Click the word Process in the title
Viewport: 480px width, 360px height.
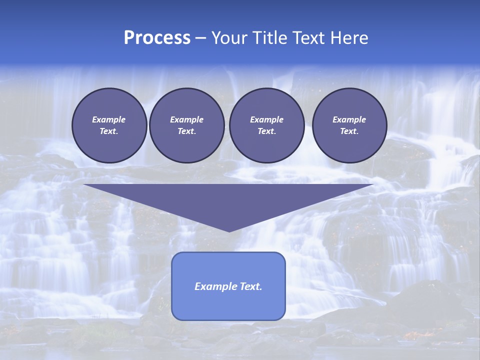point(157,38)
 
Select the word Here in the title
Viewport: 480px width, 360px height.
point(349,38)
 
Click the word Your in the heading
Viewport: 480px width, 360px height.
point(229,38)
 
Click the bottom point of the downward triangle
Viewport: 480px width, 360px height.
point(229,230)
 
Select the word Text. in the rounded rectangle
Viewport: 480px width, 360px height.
point(250,286)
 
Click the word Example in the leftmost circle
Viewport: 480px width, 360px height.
point(109,119)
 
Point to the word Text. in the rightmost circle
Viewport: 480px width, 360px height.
point(349,131)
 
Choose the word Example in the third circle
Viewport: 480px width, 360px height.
point(266,119)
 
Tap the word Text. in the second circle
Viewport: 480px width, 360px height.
point(186,131)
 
